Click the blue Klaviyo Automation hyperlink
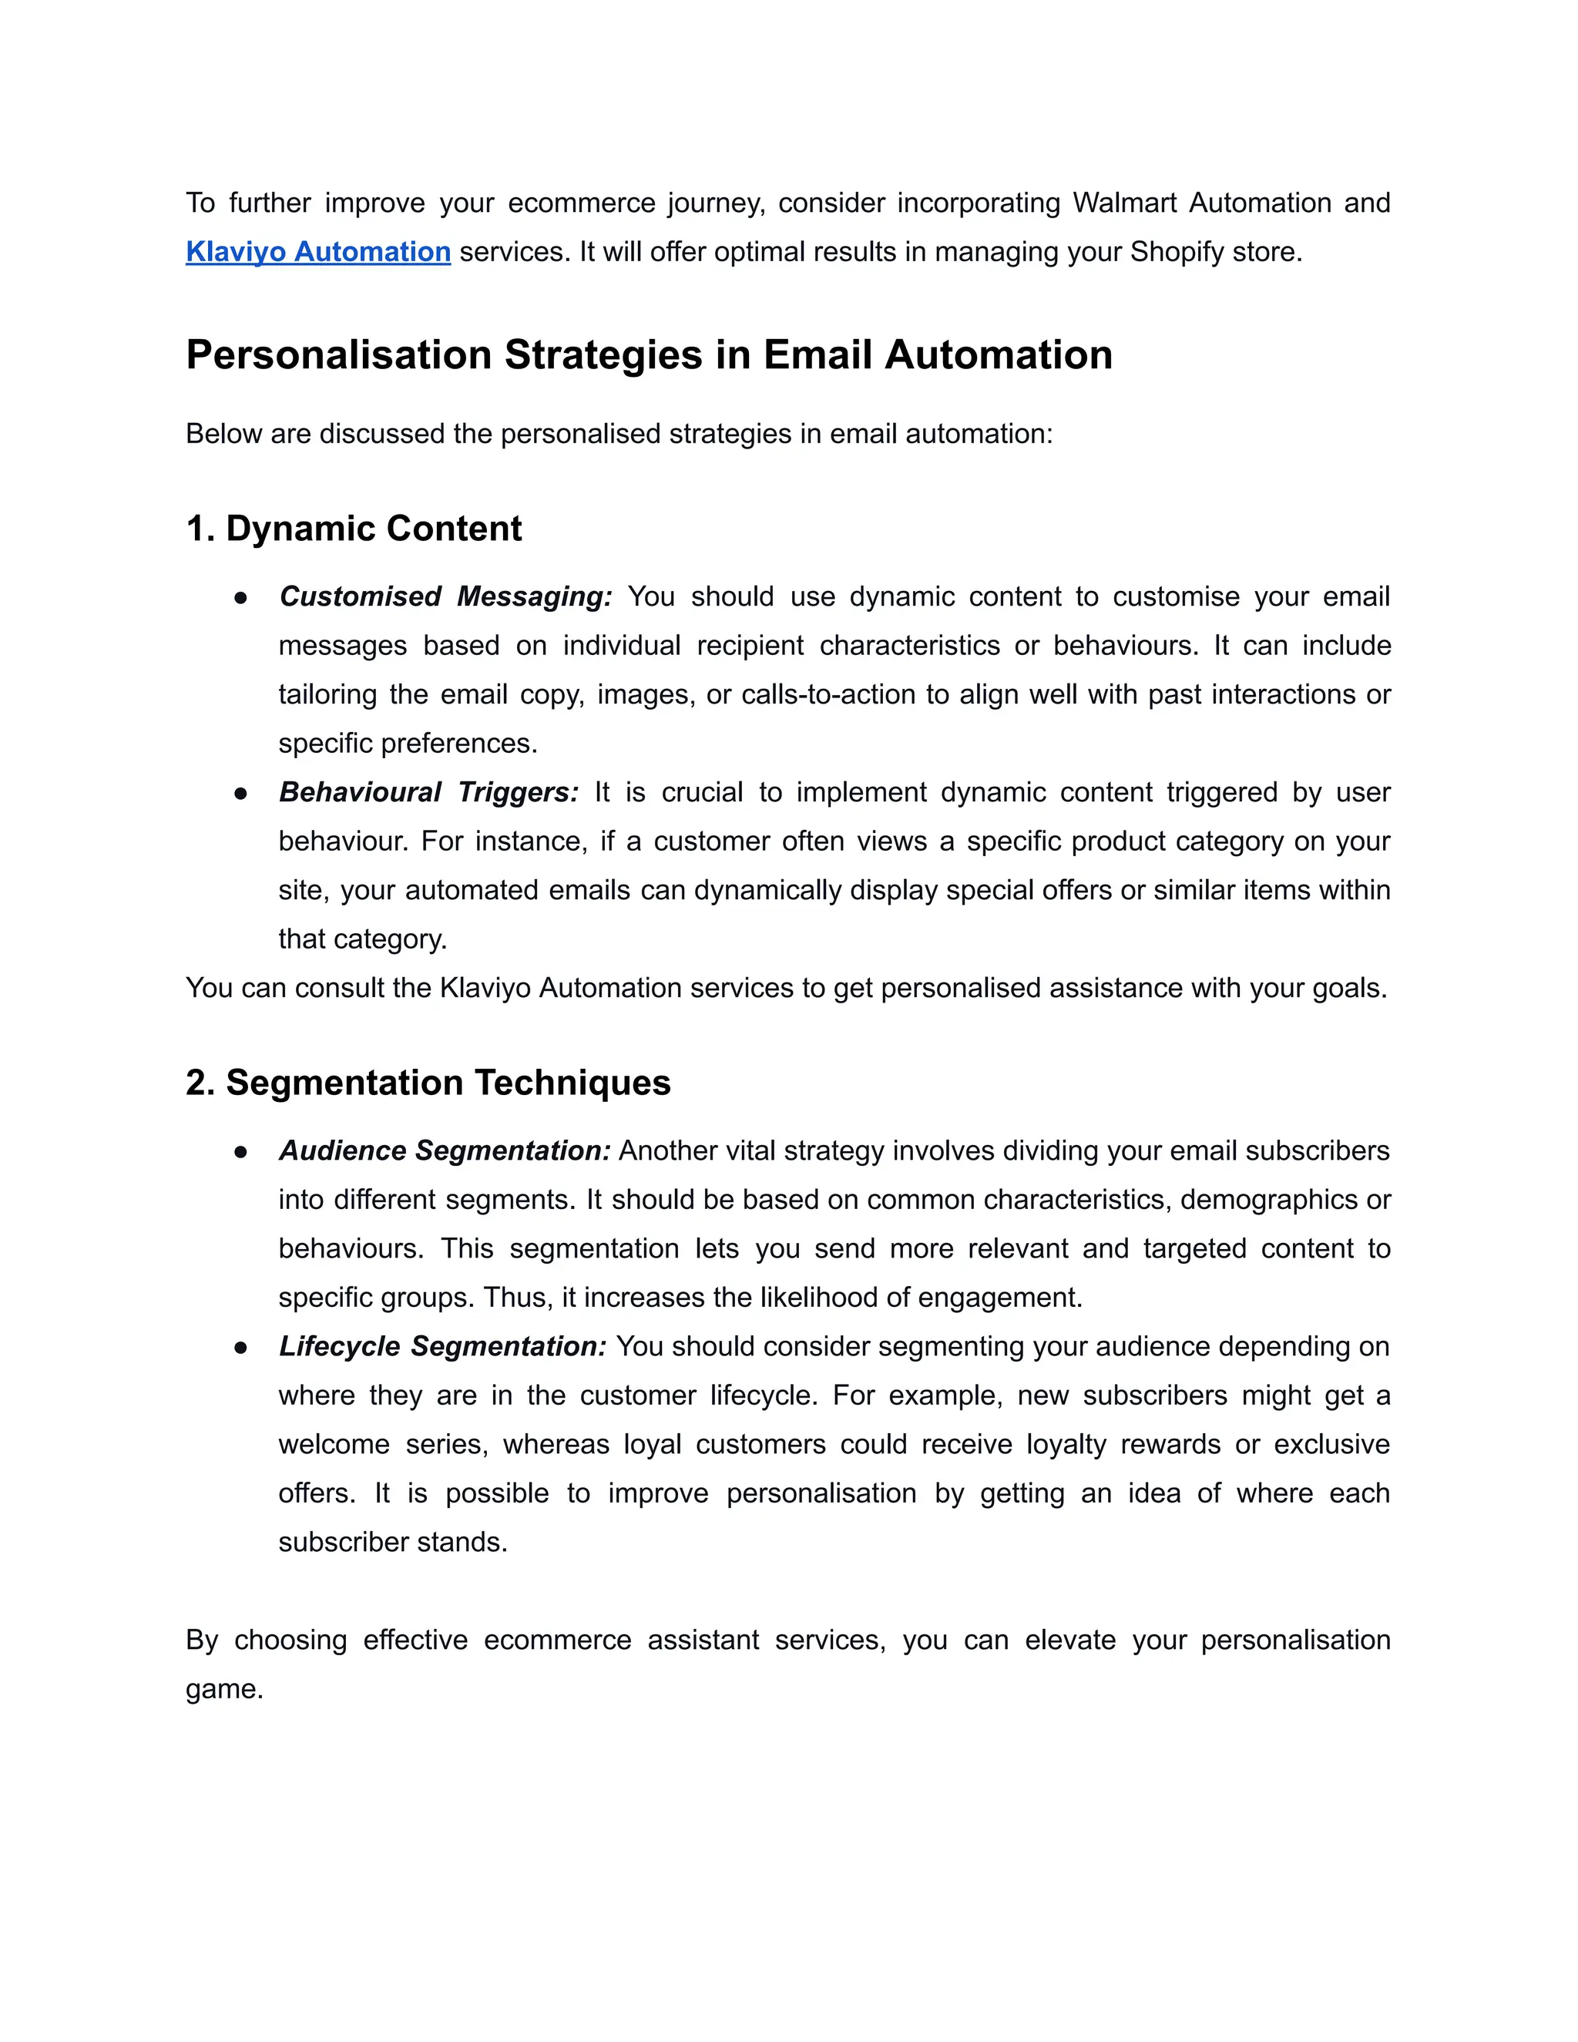318,253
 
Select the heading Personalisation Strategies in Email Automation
649,355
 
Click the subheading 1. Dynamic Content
354,529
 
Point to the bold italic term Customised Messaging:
445,596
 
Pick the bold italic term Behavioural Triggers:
428,793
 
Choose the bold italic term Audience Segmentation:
444,1151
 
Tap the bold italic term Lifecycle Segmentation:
442,1346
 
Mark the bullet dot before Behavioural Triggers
241,794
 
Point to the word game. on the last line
224,1690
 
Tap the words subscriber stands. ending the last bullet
393,1542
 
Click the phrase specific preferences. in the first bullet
408,744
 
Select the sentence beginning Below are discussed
619,434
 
